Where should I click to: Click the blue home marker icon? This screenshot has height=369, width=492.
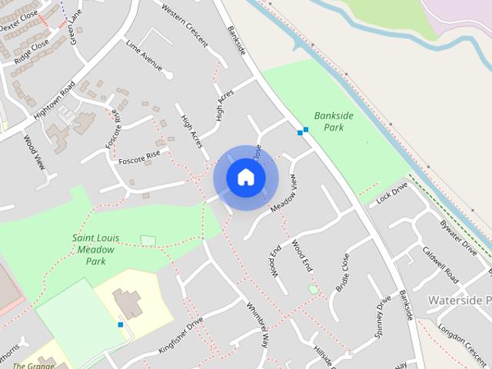point(245,178)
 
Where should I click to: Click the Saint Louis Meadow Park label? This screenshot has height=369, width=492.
point(95,250)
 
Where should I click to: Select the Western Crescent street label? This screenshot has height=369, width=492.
point(185,22)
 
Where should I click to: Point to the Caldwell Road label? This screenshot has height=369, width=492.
point(440,264)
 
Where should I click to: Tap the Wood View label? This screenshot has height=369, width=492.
point(35,152)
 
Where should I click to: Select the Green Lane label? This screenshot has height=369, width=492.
point(76,27)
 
